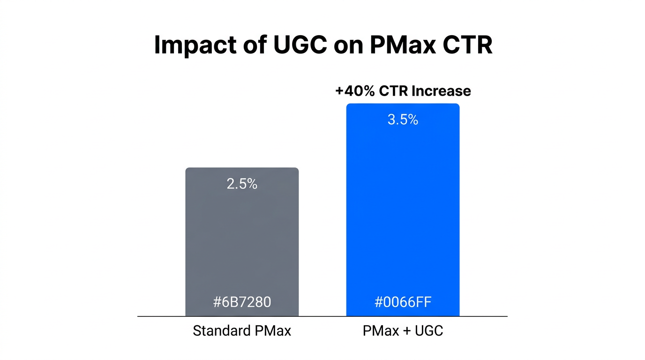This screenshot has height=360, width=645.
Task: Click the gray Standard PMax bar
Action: coord(242,244)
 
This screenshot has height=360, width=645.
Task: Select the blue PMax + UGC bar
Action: coord(403,211)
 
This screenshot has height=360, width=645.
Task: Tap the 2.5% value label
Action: coord(242,184)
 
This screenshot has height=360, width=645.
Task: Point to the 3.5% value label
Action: coord(403,120)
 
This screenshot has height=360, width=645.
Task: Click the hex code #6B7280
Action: coord(242,302)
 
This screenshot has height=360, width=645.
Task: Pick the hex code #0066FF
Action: coord(403,302)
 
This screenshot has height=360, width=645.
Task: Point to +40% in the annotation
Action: coord(355,90)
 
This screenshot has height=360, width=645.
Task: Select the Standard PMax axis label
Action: coord(242,331)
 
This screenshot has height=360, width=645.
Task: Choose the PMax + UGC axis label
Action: coord(403,331)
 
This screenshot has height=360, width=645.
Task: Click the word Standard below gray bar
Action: coord(222,331)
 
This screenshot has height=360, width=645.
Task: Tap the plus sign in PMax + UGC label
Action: coord(402,331)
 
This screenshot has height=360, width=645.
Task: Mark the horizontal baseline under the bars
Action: coord(322,316)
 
